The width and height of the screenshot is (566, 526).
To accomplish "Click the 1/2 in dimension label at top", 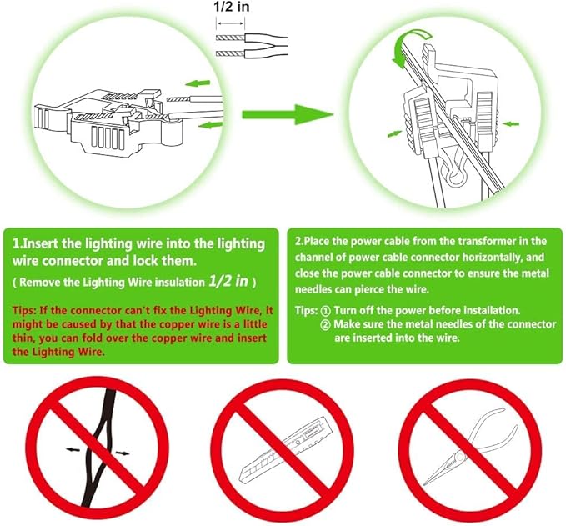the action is (232, 6).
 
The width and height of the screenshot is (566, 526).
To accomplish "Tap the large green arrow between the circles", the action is (288, 114).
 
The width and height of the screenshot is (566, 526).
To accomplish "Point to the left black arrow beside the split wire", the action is (73, 449).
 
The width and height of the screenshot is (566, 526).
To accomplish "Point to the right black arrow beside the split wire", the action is (122, 453).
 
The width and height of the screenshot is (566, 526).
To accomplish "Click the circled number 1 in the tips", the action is (325, 311).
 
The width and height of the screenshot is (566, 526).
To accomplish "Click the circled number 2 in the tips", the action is (325, 324).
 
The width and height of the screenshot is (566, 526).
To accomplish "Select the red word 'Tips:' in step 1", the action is (24, 310).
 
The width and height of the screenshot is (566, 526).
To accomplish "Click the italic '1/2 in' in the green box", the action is (228, 281).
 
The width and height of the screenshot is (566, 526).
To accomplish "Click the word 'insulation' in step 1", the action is (180, 282).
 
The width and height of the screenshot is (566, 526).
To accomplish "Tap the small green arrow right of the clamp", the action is (511, 124).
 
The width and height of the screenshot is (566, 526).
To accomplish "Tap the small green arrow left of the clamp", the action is (394, 133).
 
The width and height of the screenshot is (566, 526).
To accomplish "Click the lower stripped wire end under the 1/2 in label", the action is (230, 54).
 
